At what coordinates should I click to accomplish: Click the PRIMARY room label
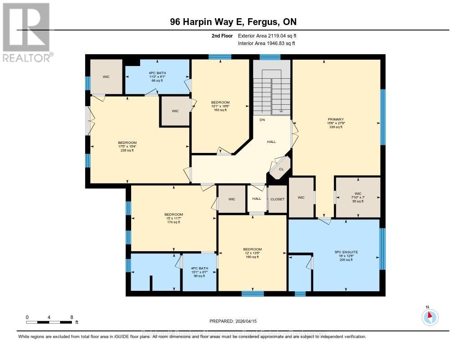(x=335, y=119)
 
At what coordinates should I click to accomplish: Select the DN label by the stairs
(x=262, y=120)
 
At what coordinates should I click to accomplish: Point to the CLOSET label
(x=277, y=199)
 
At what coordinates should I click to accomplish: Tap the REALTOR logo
(x=27, y=32)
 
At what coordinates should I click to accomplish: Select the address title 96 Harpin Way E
(x=233, y=22)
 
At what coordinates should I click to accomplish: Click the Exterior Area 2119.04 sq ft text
(x=267, y=36)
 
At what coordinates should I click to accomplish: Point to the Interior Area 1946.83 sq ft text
(x=266, y=44)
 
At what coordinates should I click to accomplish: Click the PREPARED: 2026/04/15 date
(x=233, y=321)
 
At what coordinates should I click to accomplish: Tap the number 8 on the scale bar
(x=71, y=317)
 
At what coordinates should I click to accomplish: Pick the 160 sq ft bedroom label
(x=252, y=253)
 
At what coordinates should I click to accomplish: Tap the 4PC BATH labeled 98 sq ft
(x=199, y=272)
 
